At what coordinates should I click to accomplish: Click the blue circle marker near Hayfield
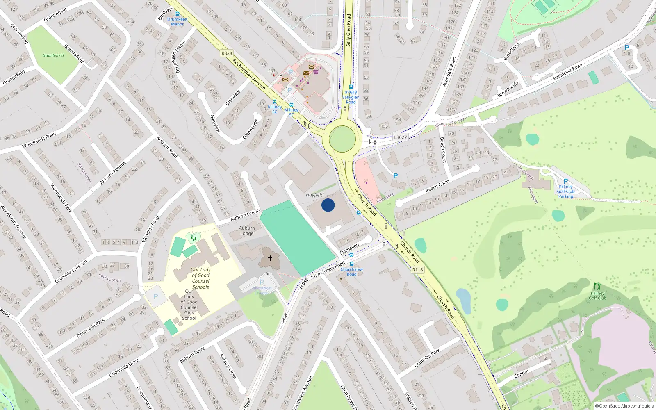tap(328, 205)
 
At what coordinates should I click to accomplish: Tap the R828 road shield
tap(226, 53)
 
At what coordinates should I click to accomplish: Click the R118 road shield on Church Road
tap(417, 270)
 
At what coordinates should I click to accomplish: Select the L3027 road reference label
tap(400, 137)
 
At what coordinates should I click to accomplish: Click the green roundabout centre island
tap(342, 139)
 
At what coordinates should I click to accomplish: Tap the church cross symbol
tap(270, 258)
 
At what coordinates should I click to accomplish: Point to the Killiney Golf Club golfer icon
tap(597, 286)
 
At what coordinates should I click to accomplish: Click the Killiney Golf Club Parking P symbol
tap(566, 181)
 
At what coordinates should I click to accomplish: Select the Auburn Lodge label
tap(247, 231)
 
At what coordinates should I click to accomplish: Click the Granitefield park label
tap(53, 55)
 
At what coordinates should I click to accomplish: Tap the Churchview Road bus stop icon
tap(351, 264)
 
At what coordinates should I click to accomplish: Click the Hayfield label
tap(314, 195)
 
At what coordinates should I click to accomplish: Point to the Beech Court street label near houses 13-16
tap(437, 186)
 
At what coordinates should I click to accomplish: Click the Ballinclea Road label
tap(567, 72)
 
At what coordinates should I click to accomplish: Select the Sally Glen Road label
tap(348, 30)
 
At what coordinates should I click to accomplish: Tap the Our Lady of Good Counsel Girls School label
tap(189, 305)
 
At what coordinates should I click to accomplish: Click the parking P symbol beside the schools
tap(156, 296)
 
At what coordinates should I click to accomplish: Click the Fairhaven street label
tap(349, 249)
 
